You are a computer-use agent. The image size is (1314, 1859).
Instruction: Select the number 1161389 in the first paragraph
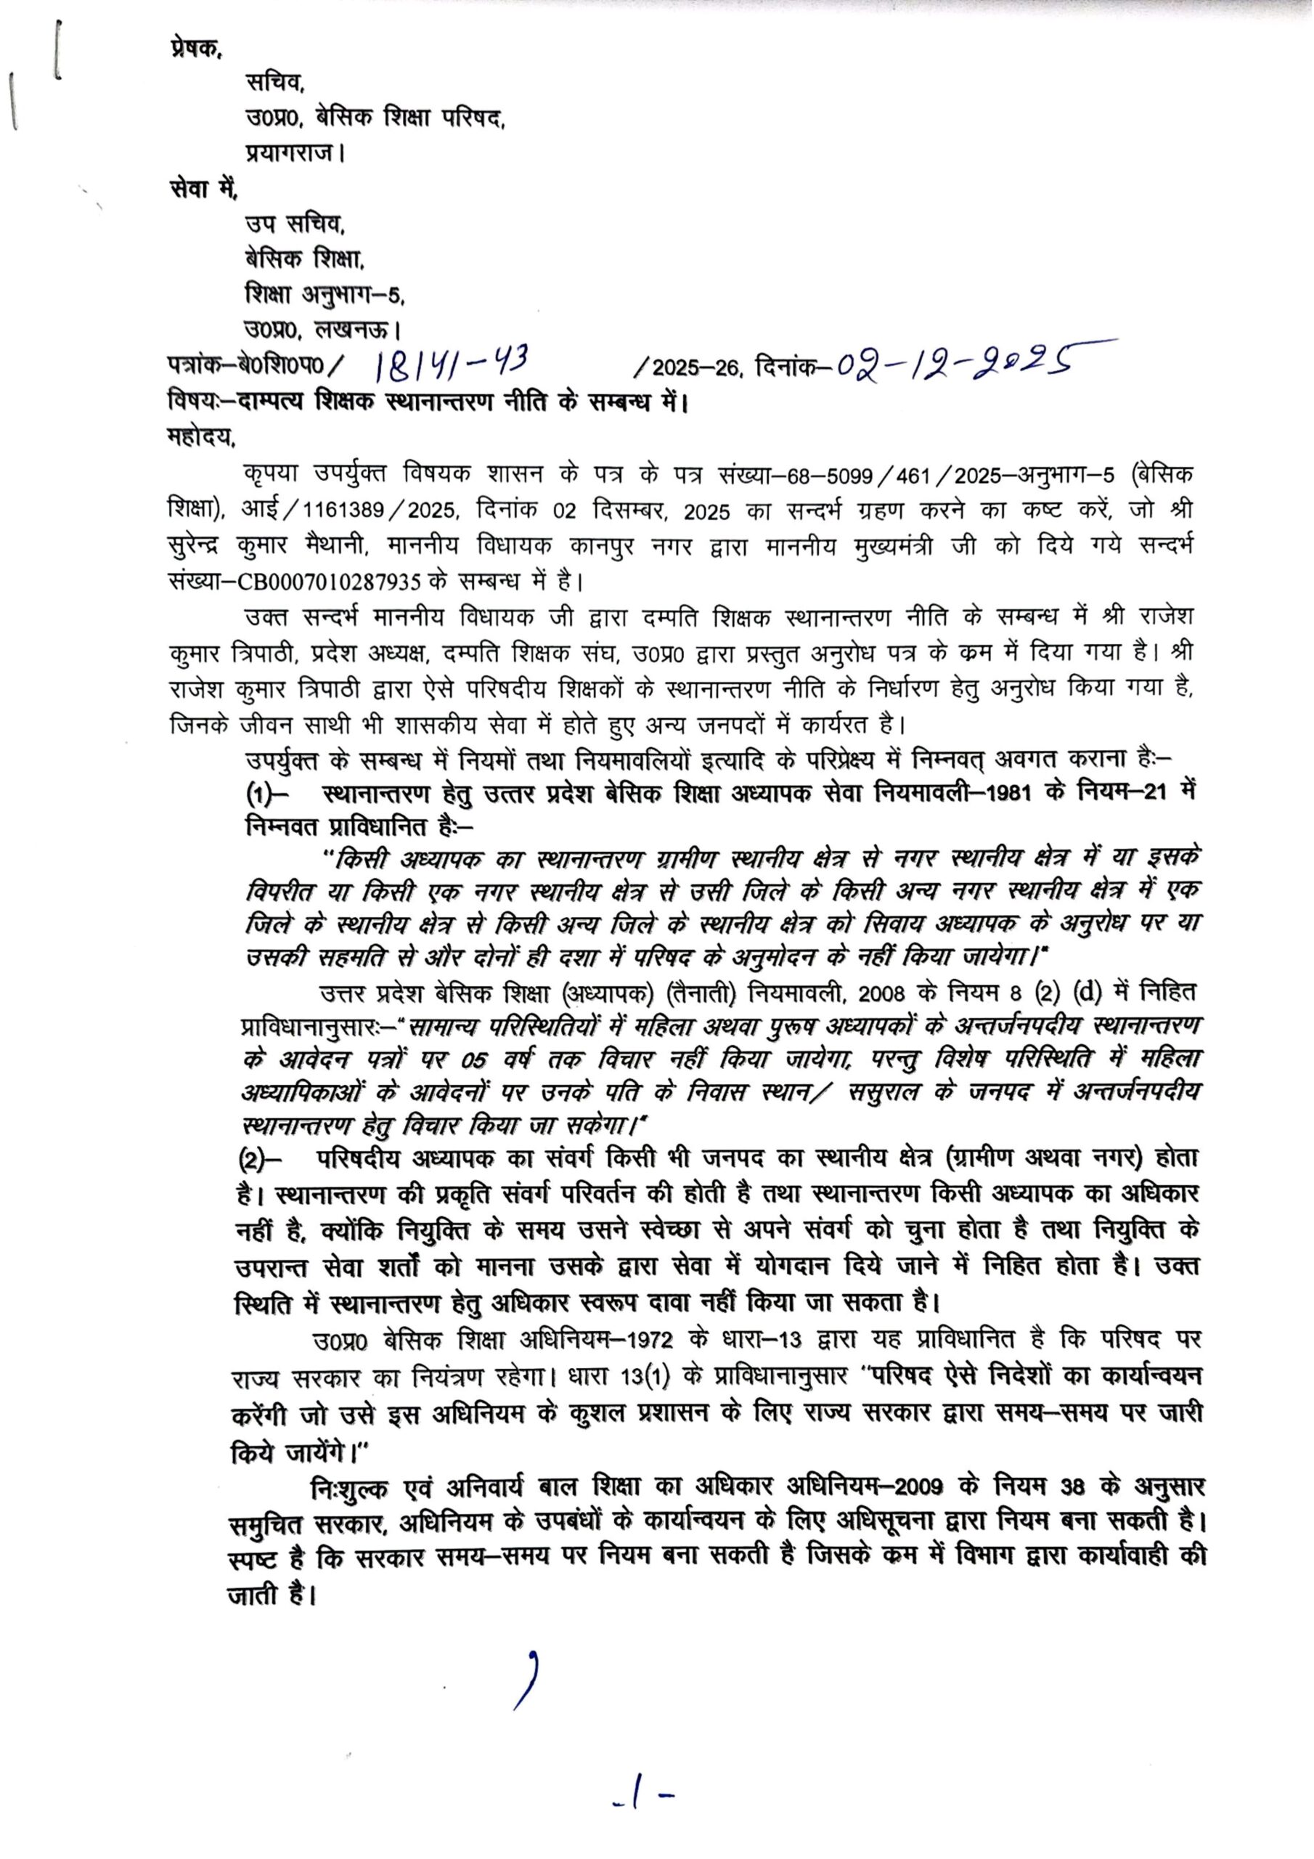click(336, 512)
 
